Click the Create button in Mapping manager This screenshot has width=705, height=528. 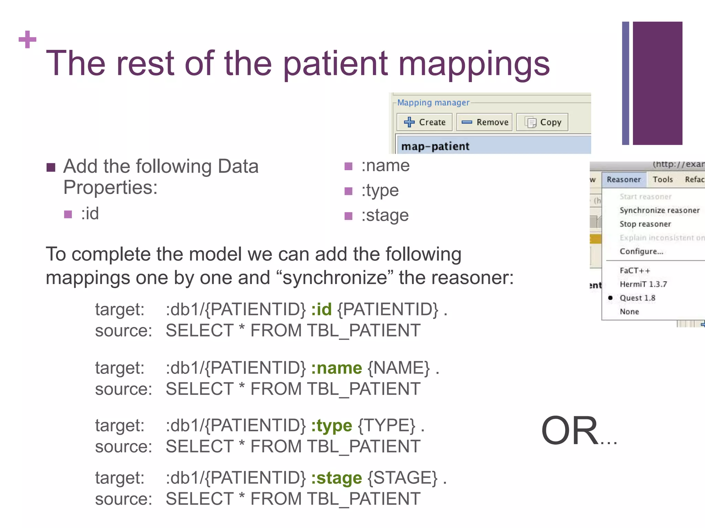pos(424,122)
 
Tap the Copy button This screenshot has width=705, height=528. pos(543,122)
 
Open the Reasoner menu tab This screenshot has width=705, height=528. pos(624,179)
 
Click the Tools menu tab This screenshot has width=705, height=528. pos(663,179)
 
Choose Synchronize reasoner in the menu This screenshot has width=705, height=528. pos(660,210)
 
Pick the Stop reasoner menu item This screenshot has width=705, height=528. pos(645,224)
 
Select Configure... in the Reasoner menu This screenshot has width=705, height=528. pos(641,252)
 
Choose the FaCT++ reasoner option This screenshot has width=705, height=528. pos(635,271)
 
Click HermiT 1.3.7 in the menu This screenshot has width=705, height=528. pos(643,284)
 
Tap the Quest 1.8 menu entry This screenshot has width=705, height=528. pos(637,298)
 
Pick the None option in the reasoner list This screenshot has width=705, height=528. pos(629,312)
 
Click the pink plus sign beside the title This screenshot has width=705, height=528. pos(28,40)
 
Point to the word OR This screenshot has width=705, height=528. pos(570,431)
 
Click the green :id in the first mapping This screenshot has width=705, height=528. pos(322,309)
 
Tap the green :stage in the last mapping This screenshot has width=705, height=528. pos(336,478)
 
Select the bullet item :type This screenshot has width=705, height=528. pos(380,190)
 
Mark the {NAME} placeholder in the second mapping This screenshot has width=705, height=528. pos(399,368)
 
